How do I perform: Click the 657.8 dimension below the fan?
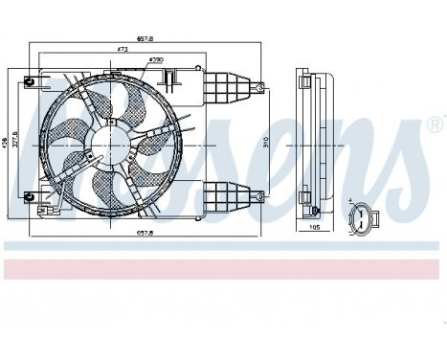tap(145, 233)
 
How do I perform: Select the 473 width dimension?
tap(123, 48)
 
